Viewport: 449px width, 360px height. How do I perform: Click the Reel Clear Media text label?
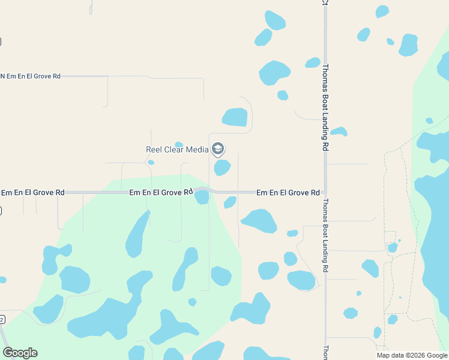177,149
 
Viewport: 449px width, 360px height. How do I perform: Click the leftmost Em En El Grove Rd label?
32,193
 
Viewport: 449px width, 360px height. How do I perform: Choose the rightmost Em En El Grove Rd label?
288,193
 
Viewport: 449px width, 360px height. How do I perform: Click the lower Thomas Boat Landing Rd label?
325,235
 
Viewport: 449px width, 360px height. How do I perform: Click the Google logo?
20,352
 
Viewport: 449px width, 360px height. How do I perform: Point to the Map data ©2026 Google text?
411,355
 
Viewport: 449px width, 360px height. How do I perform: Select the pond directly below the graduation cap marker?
222,167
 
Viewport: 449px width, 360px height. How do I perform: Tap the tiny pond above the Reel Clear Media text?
178,144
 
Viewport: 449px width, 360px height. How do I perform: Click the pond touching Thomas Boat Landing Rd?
339,131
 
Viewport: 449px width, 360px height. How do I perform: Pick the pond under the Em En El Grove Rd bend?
202,197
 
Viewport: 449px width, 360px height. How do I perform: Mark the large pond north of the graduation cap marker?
235,117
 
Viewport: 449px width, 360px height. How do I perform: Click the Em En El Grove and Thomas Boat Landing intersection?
325,193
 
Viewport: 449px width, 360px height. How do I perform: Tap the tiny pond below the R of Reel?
151,162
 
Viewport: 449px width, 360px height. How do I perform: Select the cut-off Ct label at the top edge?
325,2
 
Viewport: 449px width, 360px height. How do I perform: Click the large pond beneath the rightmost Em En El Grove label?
259,220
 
